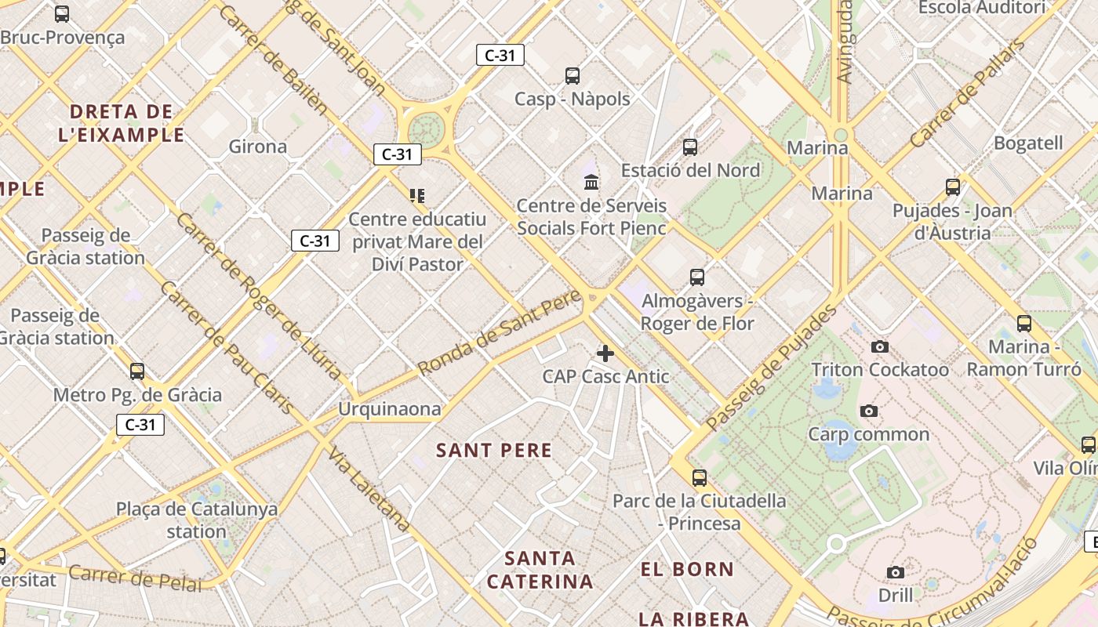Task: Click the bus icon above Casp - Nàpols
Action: click(573, 76)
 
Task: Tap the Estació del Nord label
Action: click(690, 170)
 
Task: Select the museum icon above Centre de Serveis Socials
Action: click(591, 183)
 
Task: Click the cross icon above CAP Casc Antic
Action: click(605, 353)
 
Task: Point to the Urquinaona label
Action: click(389, 409)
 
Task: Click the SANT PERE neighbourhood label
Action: click(494, 451)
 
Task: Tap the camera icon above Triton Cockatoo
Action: click(880, 346)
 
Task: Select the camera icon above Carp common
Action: click(868, 411)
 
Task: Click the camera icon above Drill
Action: click(895, 572)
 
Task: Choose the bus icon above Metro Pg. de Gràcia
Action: click(137, 371)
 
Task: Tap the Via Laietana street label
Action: click(369, 489)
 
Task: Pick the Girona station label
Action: click(258, 147)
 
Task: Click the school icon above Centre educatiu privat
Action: click(417, 195)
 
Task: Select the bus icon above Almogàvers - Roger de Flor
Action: click(697, 277)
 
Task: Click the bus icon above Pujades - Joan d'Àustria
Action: click(953, 187)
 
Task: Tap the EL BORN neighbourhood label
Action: click(687, 570)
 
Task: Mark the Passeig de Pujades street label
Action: click(771, 367)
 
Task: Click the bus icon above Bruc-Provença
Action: click(62, 13)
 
